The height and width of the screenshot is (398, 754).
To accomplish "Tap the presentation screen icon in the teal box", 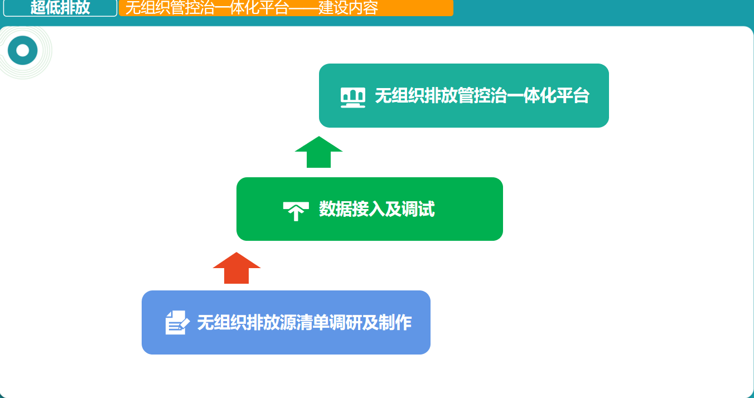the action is click(353, 97).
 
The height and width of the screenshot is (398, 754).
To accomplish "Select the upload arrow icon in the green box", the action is click(296, 211).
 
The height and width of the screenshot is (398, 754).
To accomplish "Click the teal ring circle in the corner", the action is click(22, 51).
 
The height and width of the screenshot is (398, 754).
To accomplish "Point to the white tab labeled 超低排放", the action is click(60, 7).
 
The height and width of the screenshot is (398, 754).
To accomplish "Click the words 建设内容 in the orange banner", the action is click(348, 7).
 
